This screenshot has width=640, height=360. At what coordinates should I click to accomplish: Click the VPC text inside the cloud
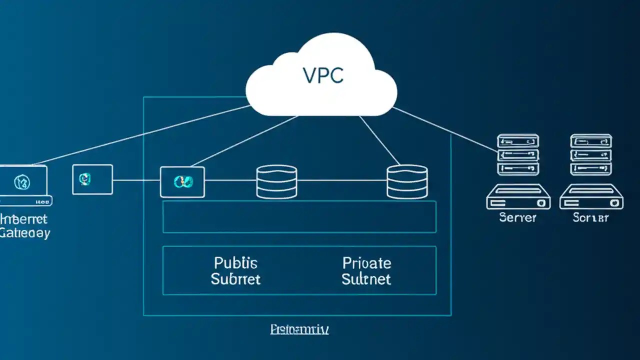[x=323, y=75]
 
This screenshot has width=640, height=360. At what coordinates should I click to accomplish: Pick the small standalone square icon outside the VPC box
[x=92, y=179]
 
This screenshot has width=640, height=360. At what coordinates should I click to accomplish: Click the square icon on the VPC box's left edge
[x=182, y=182]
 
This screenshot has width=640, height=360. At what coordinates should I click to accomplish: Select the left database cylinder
[x=276, y=182]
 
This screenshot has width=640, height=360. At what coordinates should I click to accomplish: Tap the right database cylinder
[x=407, y=182]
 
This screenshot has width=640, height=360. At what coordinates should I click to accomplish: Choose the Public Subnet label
[x=235, y=270]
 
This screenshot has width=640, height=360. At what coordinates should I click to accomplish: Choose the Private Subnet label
[x=366, y=270]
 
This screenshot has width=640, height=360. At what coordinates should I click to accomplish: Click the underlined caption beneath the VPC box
[x=299, y=329]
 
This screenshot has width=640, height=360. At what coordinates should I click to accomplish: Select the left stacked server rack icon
[x=518, y=154]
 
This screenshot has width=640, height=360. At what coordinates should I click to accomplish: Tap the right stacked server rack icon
[x=591, y=154]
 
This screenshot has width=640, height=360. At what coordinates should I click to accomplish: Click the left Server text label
[x=517, y=217]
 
